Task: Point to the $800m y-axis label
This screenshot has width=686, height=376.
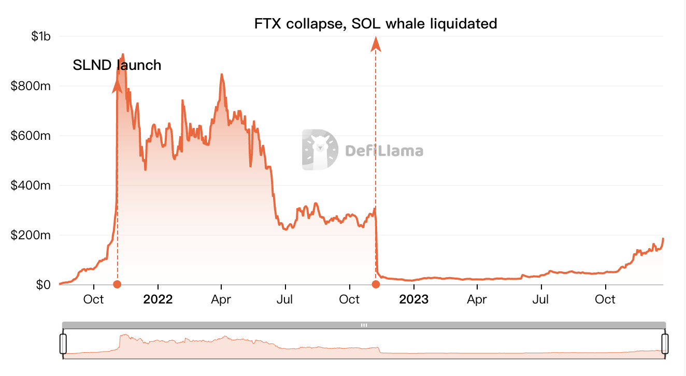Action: [x=31, y=86]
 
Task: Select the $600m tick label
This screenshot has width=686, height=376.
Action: [x=31, y=136]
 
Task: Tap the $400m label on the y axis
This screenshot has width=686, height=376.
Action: [x=31, y=185]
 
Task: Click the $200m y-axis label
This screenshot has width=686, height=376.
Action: [x=31, y=235]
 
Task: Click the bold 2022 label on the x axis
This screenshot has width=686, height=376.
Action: [x=158, y=299]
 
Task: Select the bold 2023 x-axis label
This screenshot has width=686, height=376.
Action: [x=413, y=299]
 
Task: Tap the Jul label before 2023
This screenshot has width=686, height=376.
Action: [x=285, y=299]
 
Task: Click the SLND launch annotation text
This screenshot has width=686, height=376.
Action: [x=117, y=65]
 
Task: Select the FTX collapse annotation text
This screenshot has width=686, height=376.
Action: [x=376, y=23]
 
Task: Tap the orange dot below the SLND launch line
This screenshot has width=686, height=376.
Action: [x=117, y=284]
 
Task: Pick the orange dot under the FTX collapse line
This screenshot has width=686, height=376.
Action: [x=376, y=284]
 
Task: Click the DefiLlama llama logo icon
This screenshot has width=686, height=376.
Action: [x=320, y=150]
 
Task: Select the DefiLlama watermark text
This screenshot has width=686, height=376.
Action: [x=384, y=151]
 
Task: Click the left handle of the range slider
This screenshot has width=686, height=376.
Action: [x=63, y=343]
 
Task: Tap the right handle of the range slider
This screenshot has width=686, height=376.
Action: [x=665, y=343]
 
